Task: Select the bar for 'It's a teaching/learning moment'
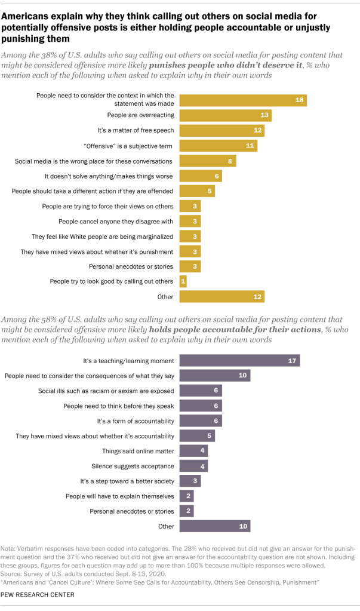(239, 361)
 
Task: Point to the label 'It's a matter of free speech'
(136, 130)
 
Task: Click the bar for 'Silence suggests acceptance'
(193, 466)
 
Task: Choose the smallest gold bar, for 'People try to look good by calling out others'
(183, 281)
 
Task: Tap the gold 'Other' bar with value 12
(221, 297)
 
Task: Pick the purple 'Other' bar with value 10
(214, 526)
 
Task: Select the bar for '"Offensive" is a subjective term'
(219, 145)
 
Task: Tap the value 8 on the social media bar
(230, 161)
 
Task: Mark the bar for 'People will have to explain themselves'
(186, 496)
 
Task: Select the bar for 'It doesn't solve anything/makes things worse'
(201, 176)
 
